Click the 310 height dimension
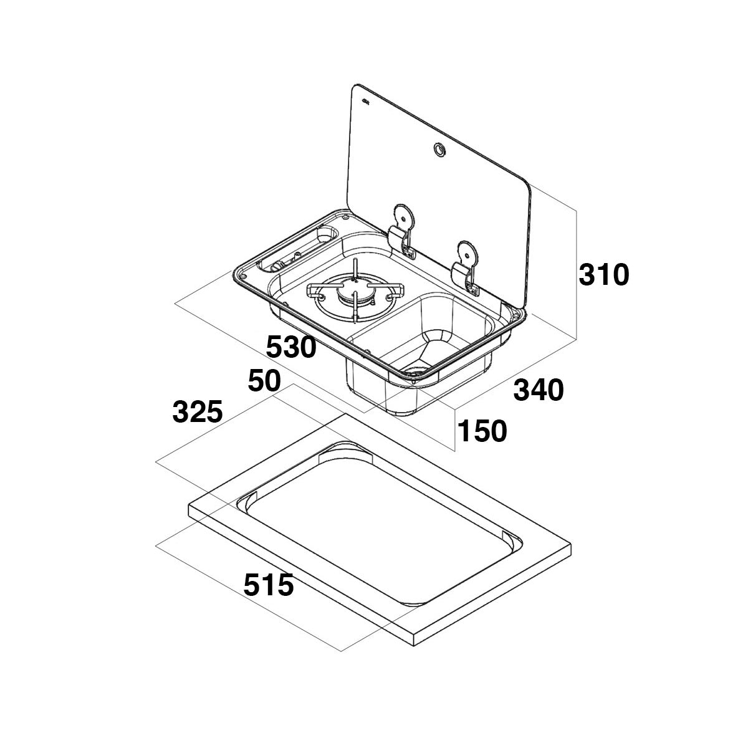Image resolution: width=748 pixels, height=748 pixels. click(x=603, y=275)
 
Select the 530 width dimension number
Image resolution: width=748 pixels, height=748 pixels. click(x=291, y=347)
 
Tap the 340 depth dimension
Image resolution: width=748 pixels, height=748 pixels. click(x=538, y=390)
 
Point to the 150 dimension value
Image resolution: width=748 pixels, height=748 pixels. click(x=482, y=431)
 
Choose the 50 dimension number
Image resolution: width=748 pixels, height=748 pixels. click(x=265, y=381)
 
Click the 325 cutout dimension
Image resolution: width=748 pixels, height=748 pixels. click(x=198, y=412)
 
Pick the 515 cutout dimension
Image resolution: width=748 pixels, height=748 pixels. click(x=268, y=585)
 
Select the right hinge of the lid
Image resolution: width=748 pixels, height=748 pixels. click(x=467, y=265)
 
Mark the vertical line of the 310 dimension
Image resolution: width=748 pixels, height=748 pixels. click(x=577, y=274)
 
